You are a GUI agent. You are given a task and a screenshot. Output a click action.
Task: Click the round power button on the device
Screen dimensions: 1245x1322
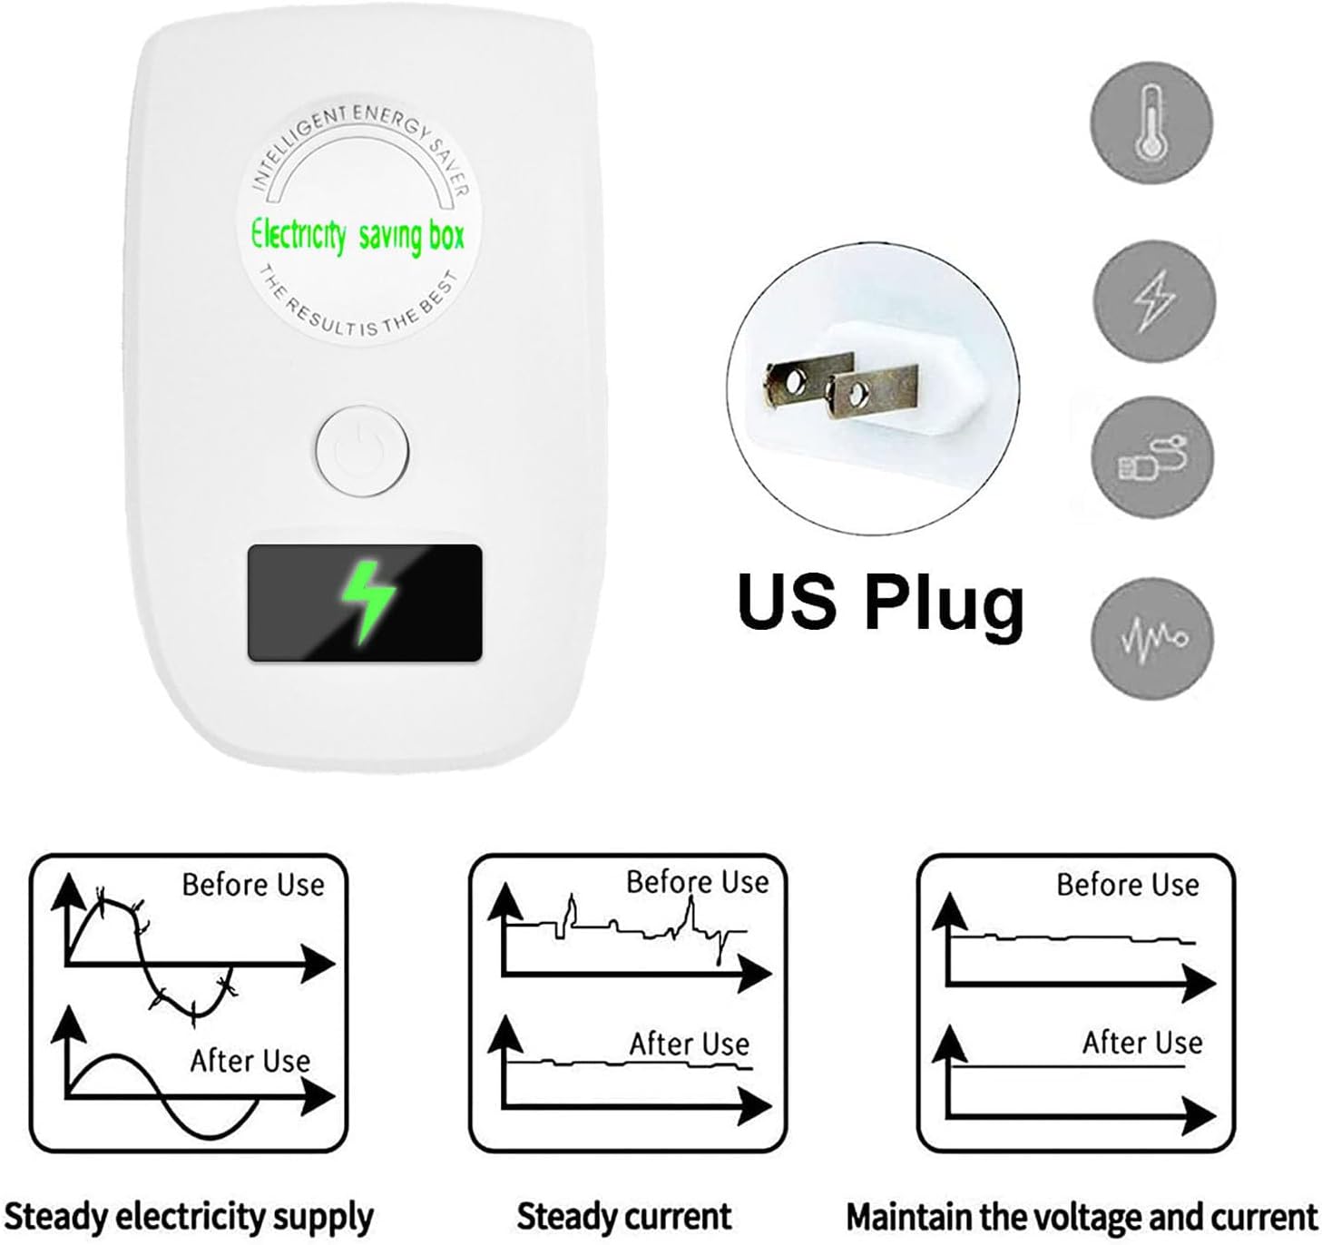pyautogui.click(x=362, y=451)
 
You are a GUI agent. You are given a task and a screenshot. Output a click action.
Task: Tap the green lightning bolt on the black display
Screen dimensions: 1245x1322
pyautogui.click(x=366, y=601)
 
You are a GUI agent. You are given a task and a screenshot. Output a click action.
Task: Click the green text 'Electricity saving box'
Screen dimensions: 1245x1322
pyautogui.click(x=357, y=235)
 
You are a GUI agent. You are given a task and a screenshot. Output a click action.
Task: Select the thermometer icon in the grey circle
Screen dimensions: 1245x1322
pyautogui.click(x=1151, y=123)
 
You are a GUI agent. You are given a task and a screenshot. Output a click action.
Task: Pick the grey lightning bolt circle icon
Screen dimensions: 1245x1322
pyautogui.click(x=1152, y=300)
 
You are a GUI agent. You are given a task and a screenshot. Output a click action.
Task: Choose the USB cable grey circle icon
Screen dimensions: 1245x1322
pyautogui.click(x=1151, y=457)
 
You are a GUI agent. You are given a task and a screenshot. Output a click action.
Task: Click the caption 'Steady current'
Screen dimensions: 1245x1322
pyautogui.click(x=624, y=1216)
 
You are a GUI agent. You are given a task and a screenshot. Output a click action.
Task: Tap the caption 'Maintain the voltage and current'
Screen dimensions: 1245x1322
pyautogui.click(x=1082, y=1216)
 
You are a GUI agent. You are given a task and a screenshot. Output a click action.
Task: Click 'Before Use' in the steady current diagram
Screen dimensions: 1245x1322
pyautogui.click(x=697, y=882)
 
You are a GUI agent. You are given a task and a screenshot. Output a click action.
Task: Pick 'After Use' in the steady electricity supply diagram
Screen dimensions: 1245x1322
pyautogui.click(x=250, y=1060)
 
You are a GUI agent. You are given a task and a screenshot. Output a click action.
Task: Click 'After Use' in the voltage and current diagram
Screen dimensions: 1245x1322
pyautogui.click(x=1142, y=1043)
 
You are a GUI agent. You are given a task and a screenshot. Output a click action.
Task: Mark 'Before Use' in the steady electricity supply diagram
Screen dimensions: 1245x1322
pyautogui.click(x=253, y=885)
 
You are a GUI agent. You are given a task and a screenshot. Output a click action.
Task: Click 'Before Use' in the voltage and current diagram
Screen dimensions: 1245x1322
pyautogui.click(x=1128, y=885)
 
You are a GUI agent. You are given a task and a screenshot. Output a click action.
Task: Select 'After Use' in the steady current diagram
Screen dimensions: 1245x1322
pyautogui.click(x=690, y=1044)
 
